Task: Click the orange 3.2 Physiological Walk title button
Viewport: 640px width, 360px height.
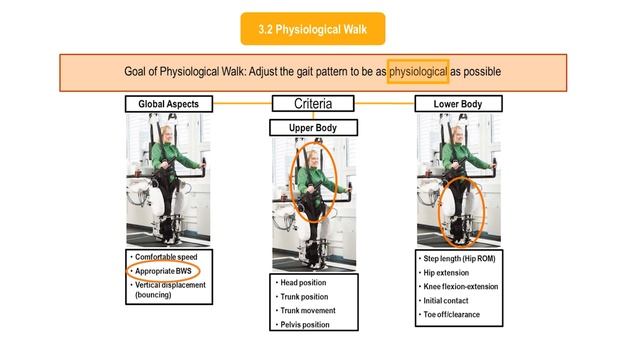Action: coord(313,29)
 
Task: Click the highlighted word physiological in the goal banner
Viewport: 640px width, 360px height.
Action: coord(418,71)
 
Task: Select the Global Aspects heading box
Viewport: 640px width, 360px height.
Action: coord(169,104)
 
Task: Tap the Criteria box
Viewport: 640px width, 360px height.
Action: coord(313,103)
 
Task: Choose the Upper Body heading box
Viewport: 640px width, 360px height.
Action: coord(313,128)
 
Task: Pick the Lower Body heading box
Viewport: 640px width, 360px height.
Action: coord(458,104)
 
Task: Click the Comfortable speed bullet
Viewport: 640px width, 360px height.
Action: coord(166,257)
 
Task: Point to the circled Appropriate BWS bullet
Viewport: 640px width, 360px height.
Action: coord(163,271)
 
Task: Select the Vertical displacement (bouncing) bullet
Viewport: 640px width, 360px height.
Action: coord(170,290)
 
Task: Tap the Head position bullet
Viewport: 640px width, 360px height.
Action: coord(303,282)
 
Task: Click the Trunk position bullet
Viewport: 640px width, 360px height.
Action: coord(304,297)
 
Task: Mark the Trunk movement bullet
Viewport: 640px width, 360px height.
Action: coord(308,311)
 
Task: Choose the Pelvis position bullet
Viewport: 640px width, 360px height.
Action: coord(305,325)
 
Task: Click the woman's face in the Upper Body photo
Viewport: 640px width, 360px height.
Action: coord(313,159)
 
